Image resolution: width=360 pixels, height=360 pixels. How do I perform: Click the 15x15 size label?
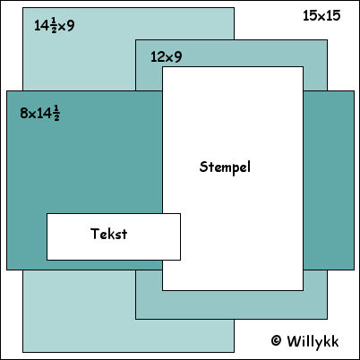click(321, 15)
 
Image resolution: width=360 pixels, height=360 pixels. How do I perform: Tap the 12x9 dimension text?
click(166, 56)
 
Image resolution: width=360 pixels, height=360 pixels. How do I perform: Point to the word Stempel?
click(225, 167)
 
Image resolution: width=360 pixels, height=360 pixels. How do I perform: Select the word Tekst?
click(109, 234)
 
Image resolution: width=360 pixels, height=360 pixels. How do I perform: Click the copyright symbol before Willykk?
click(276, 340)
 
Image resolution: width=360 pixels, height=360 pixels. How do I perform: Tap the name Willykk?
click(313, 342)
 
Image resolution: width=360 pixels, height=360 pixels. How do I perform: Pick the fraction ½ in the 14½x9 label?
click(54, 25)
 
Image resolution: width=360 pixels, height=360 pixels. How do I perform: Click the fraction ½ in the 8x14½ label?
click(56, 114)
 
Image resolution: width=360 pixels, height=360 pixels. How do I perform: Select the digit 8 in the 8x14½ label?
click(24, 114)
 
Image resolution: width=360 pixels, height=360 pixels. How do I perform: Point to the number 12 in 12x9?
click(157, 56)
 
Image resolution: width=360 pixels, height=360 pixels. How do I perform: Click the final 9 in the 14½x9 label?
click(71, 26)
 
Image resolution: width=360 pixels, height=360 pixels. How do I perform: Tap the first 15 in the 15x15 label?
click(310, 15)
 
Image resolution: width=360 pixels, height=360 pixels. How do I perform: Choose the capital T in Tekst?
click(95, 234)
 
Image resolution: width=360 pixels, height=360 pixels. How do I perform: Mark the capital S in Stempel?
click(203, 167)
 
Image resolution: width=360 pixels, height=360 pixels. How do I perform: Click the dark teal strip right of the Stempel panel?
click(329, 180)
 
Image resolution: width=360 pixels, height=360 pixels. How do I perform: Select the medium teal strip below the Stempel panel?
click(231, 304)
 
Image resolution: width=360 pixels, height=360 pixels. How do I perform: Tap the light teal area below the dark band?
click(80, 311)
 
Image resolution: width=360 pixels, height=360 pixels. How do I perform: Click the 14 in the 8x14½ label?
click(45, 114)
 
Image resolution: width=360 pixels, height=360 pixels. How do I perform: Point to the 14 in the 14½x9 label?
click(42, 26)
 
